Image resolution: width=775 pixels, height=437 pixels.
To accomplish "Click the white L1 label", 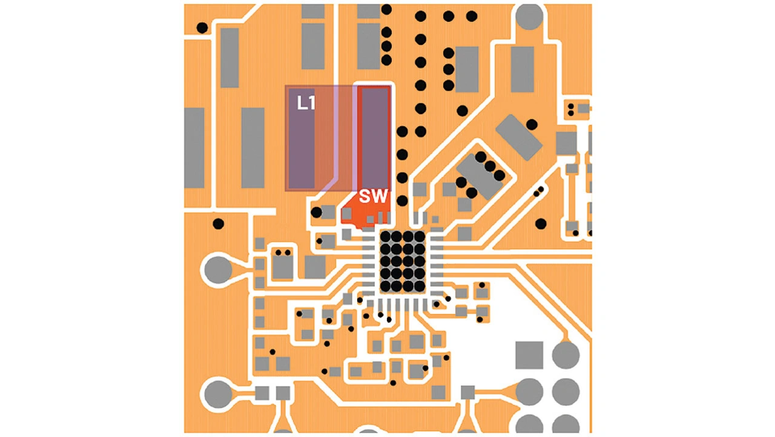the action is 306,103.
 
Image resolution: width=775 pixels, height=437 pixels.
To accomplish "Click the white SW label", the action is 374,196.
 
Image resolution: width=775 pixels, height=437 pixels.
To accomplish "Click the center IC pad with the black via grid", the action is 403,262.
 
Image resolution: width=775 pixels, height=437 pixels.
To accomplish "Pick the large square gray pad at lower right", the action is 529,355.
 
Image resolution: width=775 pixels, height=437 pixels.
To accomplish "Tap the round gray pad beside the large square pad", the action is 566,355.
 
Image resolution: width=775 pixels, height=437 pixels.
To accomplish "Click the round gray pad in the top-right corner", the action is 529,16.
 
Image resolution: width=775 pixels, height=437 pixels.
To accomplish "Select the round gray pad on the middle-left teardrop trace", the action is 218,269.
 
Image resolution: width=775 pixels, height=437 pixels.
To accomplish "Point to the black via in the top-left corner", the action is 202,28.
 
